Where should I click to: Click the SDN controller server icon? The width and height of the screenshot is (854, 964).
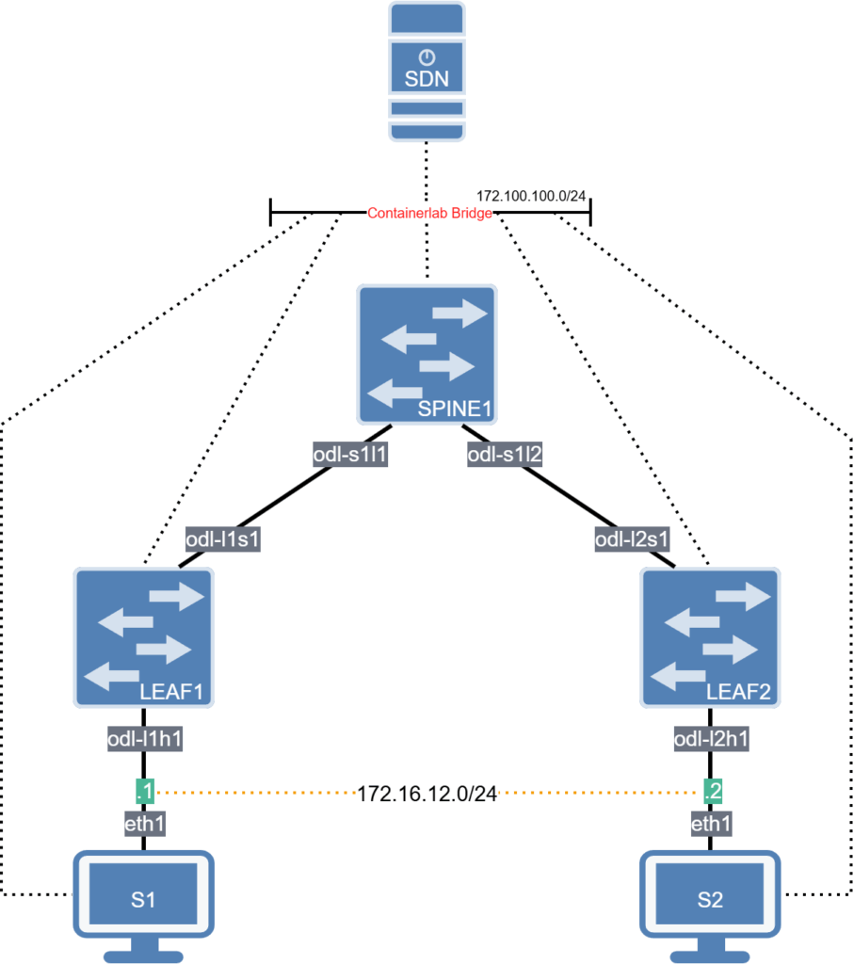pos(427,71)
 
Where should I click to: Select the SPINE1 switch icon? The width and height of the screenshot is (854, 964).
pos(427,354)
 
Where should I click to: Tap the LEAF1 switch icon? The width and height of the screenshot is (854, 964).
pos(143,637)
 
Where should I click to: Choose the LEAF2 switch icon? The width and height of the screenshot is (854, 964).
pos(710,637)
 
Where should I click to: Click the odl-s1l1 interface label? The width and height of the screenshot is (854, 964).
pos(350,456)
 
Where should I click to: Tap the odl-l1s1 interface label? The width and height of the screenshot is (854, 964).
pos(222,540)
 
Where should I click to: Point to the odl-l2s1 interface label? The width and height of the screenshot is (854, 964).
pos(631,540)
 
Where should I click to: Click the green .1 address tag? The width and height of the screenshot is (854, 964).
pos(144,793)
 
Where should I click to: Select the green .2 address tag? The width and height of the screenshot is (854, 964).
pos(712,793)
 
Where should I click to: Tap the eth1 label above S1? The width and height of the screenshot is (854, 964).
pos(143,825)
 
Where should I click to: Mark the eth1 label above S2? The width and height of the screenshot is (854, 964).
pos(711,825)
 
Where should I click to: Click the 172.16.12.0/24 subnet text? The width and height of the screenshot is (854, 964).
pos(427,794)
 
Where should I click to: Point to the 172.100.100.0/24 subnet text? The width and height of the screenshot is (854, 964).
pos(533,195)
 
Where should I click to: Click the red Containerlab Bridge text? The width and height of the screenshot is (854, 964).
pos(429,215)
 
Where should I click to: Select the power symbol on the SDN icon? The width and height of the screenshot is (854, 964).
pos(427,57)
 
